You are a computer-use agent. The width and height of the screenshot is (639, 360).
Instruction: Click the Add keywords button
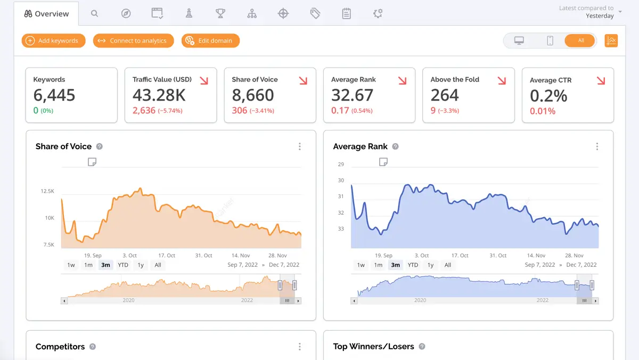[53, 40]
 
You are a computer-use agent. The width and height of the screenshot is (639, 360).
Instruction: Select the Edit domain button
[210, 40]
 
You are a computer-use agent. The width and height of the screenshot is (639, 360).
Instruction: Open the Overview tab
[47, 14]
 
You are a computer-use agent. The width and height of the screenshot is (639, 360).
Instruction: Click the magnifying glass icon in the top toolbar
[94, 14]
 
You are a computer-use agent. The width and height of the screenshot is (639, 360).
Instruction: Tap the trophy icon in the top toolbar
[220, 14]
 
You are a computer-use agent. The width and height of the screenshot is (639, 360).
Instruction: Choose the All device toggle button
[580, 40]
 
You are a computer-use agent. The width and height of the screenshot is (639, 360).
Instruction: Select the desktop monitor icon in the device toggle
[519, 40]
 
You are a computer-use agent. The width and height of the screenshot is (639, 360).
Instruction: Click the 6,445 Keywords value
[54, 95]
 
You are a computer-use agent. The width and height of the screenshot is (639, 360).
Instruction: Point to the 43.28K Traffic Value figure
[159, 95]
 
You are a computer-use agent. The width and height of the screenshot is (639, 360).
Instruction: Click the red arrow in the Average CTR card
[601, 81]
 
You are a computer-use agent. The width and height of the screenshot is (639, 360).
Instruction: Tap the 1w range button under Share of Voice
[71, 265]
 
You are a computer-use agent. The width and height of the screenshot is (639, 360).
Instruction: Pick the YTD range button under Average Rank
[413, 265]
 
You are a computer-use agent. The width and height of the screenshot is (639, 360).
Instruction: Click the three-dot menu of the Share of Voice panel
[300, 146]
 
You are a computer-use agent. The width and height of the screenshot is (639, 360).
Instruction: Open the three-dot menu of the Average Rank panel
[597, 146]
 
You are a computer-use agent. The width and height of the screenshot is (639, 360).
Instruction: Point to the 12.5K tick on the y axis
[47, 191]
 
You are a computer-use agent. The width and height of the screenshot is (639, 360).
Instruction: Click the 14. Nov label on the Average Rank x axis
[536, 256]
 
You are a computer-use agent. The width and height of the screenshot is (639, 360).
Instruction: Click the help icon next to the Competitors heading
[93, 347]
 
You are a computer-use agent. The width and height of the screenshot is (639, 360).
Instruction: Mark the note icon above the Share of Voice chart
[92, 162]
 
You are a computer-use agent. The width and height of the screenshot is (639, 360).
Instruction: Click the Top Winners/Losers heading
[373, 347]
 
